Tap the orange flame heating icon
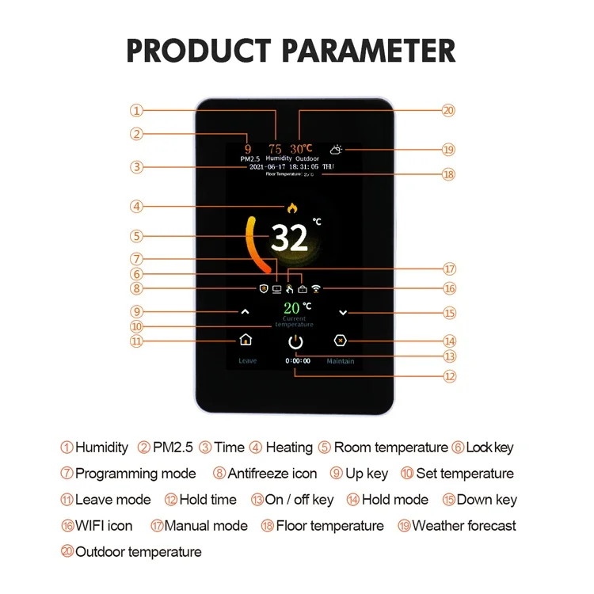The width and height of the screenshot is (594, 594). (x=292, y=208)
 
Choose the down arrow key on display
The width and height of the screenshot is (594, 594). (x=342, y=313)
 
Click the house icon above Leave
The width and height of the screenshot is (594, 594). (x=246, y=341)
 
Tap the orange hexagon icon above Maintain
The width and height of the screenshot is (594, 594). (x=341, y=341)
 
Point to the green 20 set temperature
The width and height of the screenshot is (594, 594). (x=292, y=307)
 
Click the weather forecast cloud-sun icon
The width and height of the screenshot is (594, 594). (x=337, y=149)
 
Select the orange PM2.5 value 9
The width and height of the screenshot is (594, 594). (x=247, y=149)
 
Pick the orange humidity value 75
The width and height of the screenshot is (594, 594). (x=275, y=149)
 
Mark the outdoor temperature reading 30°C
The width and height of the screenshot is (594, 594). (x=302, y=149)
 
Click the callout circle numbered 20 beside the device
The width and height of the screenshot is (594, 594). (x=449, y=111)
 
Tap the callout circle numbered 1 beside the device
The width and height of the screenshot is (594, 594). (x=138, y=111)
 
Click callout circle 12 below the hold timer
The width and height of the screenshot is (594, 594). (x=449, y=377)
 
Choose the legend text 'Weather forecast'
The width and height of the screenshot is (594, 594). (x=463, y=526)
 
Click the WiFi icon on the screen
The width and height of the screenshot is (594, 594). (x=317, y=289)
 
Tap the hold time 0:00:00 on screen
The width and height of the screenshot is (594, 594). (x=298, y=361)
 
